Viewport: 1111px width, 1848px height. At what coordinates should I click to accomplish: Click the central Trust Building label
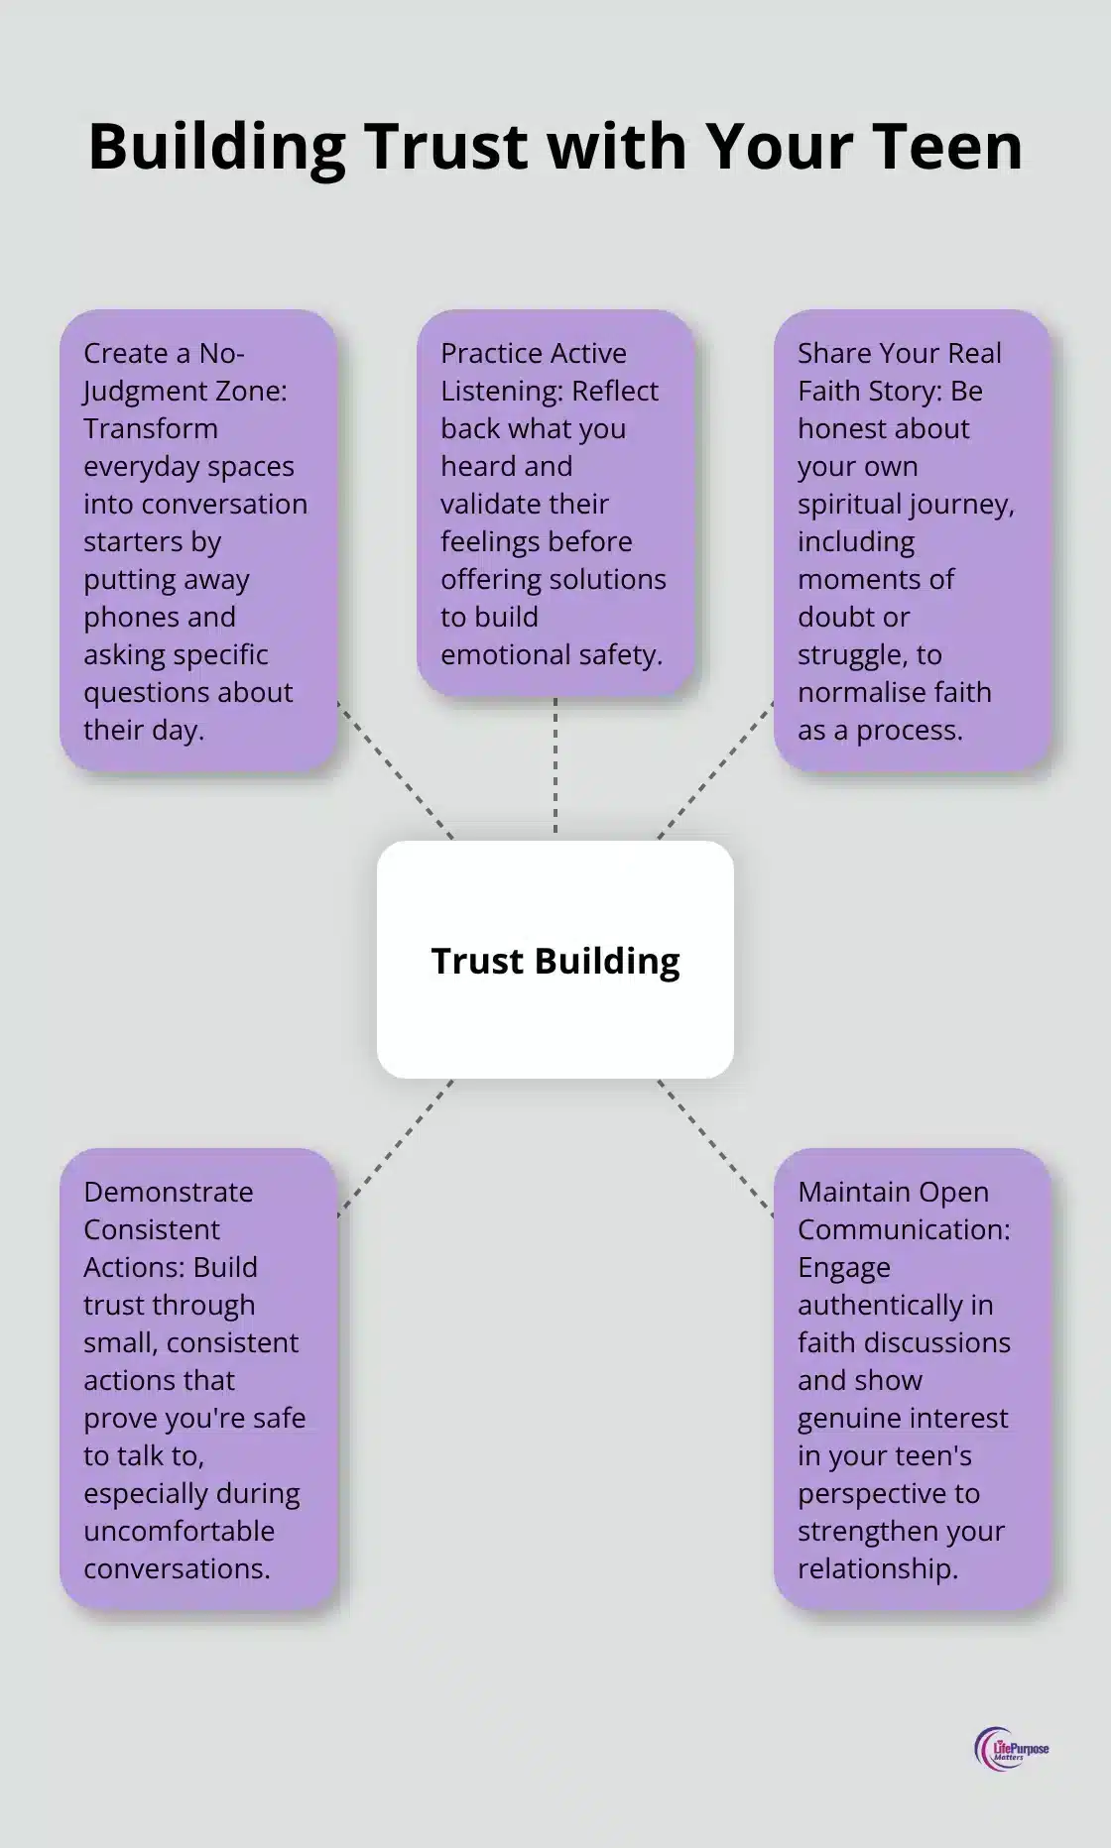[x=555, y=961]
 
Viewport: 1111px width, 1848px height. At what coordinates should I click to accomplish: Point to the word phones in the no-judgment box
[x=159, y=617]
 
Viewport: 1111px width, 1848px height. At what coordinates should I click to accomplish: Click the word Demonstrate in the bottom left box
[x=168, y=1192]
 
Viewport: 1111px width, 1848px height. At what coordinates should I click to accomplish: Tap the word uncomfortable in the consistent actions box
[x=179, y=1531]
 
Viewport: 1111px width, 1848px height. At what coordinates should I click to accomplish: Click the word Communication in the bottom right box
[x=904, y=1229]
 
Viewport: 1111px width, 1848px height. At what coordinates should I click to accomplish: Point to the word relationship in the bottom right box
[x=877, y=1568]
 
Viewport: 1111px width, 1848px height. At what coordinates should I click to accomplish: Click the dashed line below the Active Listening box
[x=555, y=766]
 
